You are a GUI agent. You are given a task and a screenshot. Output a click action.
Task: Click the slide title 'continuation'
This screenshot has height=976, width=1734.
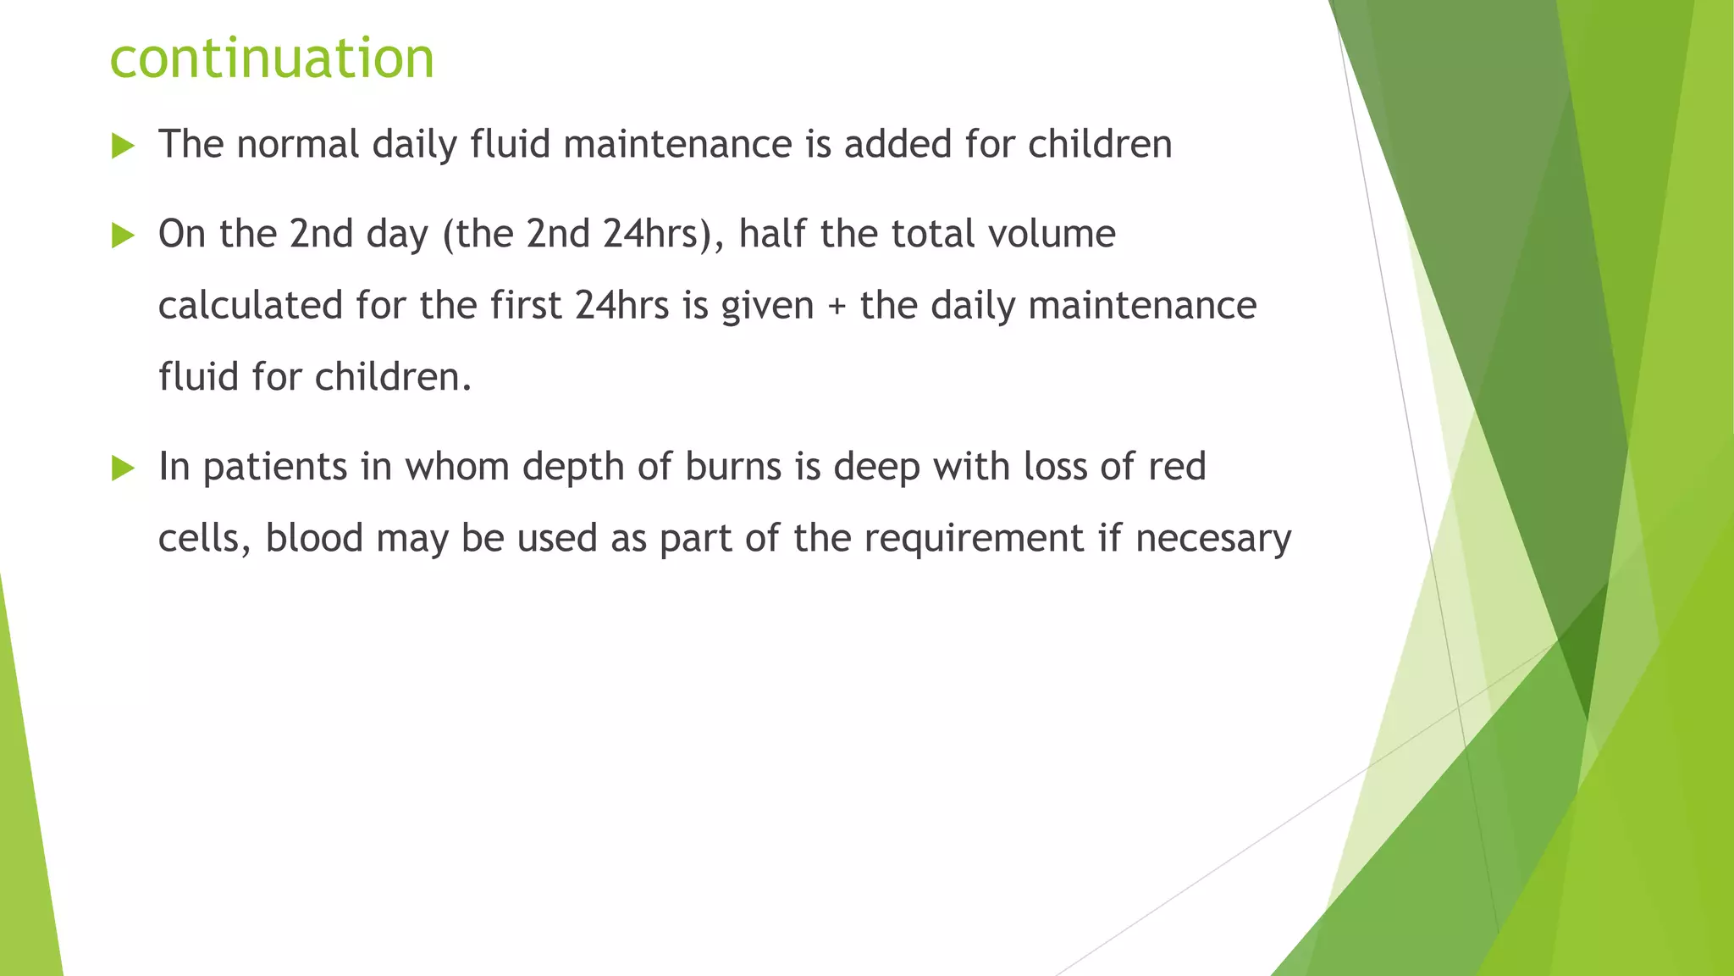coord(272,58)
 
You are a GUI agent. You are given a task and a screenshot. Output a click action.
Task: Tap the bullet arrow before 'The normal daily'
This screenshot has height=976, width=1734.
coord(124,147)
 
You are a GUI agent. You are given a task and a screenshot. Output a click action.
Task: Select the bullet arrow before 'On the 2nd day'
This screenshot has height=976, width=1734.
coord(124,236)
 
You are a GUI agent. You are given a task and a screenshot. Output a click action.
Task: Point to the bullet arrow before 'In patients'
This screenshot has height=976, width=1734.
coord(124,469)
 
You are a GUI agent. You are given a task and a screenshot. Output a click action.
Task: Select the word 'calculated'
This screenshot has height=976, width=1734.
coord(250,306)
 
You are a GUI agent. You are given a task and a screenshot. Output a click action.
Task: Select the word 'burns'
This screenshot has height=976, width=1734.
coord(732,467)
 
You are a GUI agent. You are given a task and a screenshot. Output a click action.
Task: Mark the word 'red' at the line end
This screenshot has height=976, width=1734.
coord(1177,467)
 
